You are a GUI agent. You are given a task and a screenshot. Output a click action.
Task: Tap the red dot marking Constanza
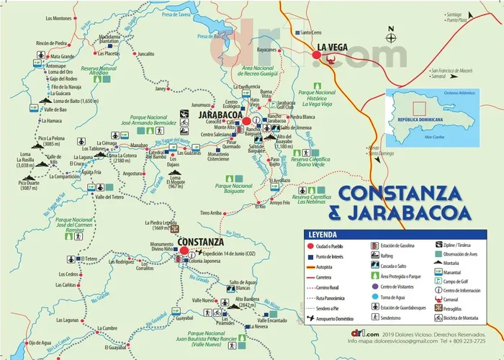(184, 251)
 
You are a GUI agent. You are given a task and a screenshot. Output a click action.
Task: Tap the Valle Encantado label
(273, 320)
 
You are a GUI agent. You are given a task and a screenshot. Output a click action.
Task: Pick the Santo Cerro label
(310, 32)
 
